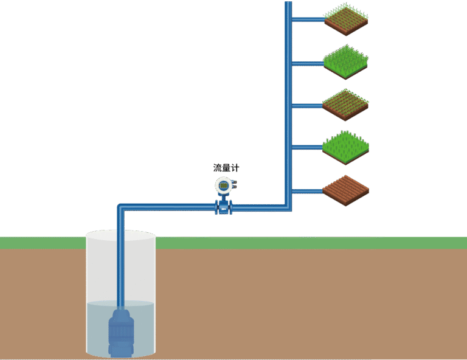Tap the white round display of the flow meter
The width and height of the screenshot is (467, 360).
pyautogui.click(x=223, y=185)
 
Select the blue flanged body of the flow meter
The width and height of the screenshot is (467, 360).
pyautogui.click(x=223, y=208)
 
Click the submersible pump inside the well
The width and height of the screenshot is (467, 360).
pyautogui.click(x=121, y=331)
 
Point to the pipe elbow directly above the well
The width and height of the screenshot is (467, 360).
pyautogui.click(x=121, y=207)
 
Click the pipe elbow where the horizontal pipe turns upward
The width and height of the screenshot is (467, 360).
pyautogui.click(x=288, y=207)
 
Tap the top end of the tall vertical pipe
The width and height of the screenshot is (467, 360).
pyautogui.click(x=289, y=4)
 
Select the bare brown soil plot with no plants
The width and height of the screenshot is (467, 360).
pyautogui.click(x=345, y=191)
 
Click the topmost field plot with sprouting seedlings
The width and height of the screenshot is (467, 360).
pyautogui.click(x=345, y=19)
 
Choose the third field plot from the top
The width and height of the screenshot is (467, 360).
pyautogui.click(x=345, y=105)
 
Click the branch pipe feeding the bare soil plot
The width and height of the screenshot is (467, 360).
pyautogui.click(x=307, y=192)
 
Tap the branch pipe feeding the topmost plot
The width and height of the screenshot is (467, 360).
pyautogui.click(x=307, y=19)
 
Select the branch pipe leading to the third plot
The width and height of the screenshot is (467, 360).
pyautogui.click(x=307, y=106)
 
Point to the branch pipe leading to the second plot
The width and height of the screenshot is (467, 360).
pyautogui.click(x=307, y=63)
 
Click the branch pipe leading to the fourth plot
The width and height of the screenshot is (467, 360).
pyautogui.click(x=307, y=148)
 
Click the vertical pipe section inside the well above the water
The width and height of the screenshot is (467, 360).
pyautogui.click(x=121, y=268)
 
